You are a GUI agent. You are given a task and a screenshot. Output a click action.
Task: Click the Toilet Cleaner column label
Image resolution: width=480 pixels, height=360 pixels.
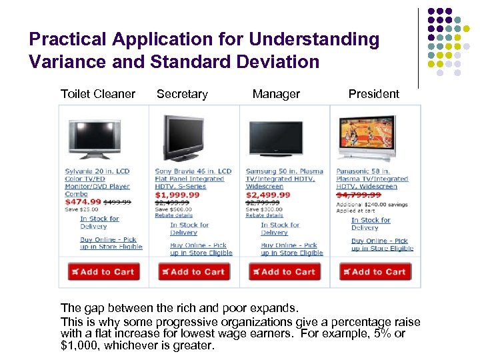[97, 94]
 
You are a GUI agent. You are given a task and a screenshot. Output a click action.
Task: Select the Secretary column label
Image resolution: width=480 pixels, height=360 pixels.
[182, 94]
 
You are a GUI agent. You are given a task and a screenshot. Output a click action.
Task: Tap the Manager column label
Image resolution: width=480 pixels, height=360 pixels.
[276, 94]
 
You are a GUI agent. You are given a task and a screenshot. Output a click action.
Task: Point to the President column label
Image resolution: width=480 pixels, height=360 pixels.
[373, 94]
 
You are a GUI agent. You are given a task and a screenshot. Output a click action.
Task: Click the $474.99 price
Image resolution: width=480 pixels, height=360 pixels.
[83, 201]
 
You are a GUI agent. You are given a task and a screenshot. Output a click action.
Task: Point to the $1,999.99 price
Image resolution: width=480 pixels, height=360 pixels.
[177, 194]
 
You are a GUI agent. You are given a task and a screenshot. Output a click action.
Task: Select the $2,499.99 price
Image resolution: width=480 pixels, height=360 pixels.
[268, 194]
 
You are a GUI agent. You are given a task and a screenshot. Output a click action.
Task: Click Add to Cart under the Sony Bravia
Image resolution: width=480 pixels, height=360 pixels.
[194, 271]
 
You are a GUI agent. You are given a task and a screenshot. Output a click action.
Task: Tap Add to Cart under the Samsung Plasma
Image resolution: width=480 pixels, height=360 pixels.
[285, 271]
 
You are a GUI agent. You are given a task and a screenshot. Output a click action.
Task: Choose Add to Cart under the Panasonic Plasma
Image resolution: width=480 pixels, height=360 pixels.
[375, 271]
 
